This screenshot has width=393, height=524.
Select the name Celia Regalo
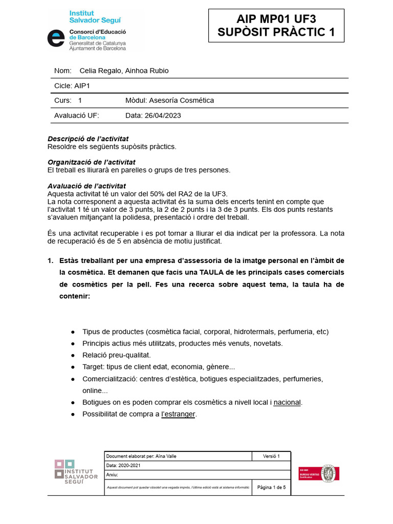pyautogui.click(x=99, y=71)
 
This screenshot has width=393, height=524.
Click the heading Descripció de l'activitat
pyautogui.click(x=88, y=139)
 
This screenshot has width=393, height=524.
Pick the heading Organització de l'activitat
pyautogui.click(x=91, y=162)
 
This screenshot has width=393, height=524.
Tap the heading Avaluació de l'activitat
pyautogui.click(x=86, y=186)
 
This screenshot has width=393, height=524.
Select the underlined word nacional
pyautogui.click(x=287, y=402)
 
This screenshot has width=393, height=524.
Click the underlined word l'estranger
pyautogui.click(x=178, y=414)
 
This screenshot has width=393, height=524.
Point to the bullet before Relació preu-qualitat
pyautogui.click(x=73, y=355)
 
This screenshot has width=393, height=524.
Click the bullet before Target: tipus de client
pyautogui.click(x=73, y=367)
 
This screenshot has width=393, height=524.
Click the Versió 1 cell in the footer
pyautogui.click(x=271, y=456)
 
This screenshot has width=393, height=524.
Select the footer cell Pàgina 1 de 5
pyautogui.click(x=271, y=488)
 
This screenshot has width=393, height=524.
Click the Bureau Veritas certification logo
pyautogui.click(x=319, y=473)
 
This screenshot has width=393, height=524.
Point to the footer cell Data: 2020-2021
pyautogui.click(x=123, y=466)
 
